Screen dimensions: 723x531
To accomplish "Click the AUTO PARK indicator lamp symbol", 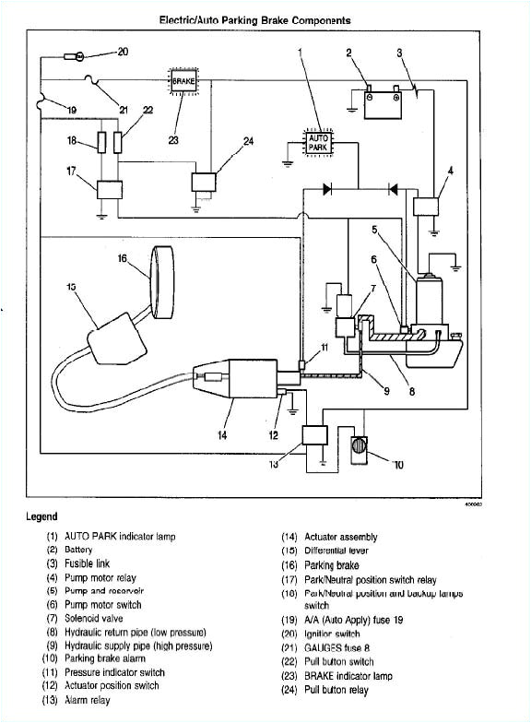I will coord(317,143).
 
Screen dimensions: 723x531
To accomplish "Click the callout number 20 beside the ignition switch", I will coord(123,52).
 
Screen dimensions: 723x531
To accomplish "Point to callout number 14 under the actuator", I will coord(222,435).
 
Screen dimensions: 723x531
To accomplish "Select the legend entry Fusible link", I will coord(88,562).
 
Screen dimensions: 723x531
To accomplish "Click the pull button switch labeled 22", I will coord(119,143).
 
